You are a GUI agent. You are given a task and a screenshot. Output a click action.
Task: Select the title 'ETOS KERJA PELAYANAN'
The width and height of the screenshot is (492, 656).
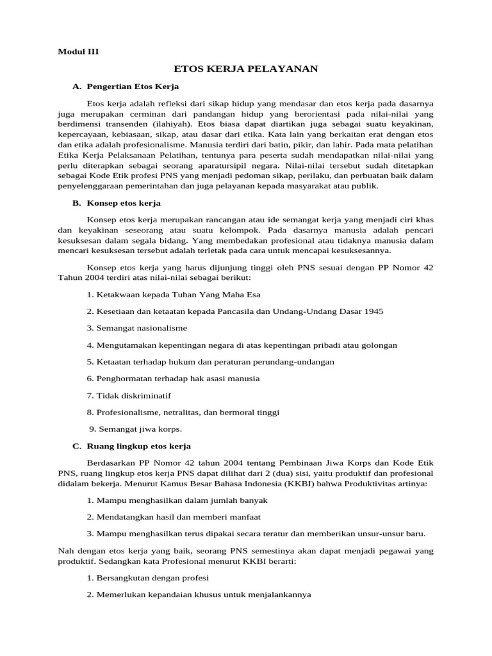pos(246,68)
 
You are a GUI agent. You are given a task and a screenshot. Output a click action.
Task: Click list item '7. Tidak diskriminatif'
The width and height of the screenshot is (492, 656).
pos(128,395)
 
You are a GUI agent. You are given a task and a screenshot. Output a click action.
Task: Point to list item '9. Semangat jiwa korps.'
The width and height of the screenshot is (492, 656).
pos(136,429)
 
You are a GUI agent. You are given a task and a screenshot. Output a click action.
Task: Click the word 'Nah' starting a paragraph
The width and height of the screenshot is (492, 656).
pos(66,550)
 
